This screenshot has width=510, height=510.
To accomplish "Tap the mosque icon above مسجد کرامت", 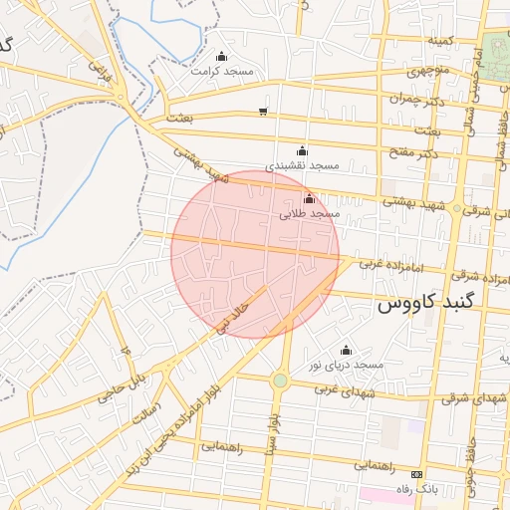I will (x=221, y=56).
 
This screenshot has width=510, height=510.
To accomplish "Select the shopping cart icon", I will (x=262, y=112).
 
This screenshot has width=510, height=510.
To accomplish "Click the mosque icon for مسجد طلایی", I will (x=309, y=198).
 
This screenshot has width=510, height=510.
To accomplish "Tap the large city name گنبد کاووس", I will (x=429, y=301).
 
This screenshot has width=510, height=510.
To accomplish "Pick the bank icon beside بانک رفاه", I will (x=416, y=474).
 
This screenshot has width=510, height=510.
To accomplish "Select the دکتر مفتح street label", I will (x=415, y=152).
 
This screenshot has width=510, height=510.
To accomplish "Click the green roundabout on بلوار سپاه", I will (x=280, y=381).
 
